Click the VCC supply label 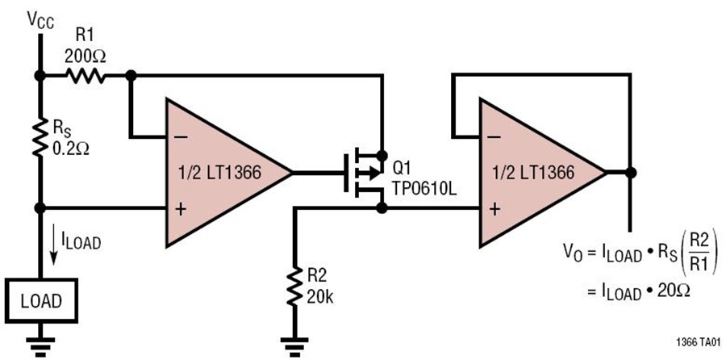tap(40, 19)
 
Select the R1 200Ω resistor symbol tap(86, 75)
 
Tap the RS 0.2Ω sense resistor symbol tap(40, 137)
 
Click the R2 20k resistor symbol tap(293, 286)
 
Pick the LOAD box tap(41, 301)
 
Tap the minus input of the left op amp tap(182, 137)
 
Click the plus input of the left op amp tap(181, 209)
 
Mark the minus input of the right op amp tap(494, 137)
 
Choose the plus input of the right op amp tap(494, 209)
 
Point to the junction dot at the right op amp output tap(630, 173)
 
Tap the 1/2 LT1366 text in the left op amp tap(220, 173)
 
